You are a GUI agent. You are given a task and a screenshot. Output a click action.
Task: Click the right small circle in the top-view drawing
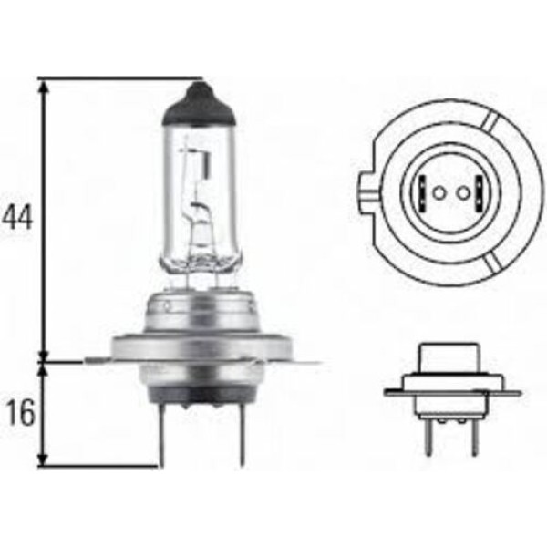(x=461, y=191)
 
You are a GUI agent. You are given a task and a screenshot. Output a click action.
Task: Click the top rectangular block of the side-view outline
(x=451, y=364)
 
